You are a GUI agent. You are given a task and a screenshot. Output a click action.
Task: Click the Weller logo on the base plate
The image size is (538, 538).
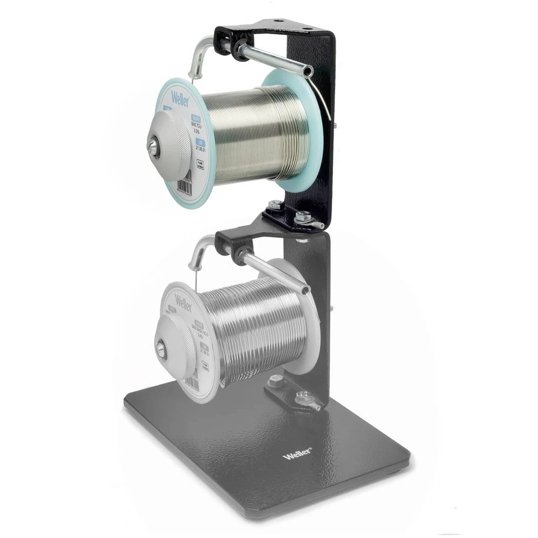pos(297,455)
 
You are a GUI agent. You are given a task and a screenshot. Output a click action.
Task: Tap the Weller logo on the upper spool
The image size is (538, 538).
pos(180,98)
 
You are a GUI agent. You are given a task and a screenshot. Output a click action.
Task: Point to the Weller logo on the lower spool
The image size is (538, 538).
pos(183,304)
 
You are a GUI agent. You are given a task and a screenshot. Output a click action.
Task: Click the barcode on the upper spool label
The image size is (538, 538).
pos(185,185)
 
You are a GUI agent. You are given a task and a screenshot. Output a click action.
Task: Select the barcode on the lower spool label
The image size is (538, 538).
pos(191,383)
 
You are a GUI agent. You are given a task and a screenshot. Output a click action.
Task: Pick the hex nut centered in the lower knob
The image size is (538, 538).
pos(160,349)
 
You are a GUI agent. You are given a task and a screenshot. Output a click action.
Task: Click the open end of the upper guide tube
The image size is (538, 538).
pos(308,70)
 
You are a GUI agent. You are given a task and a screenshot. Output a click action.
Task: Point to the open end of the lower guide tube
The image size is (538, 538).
pos(306,291)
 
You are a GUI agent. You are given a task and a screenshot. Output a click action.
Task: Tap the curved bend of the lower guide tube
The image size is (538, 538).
pos(197,250)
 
